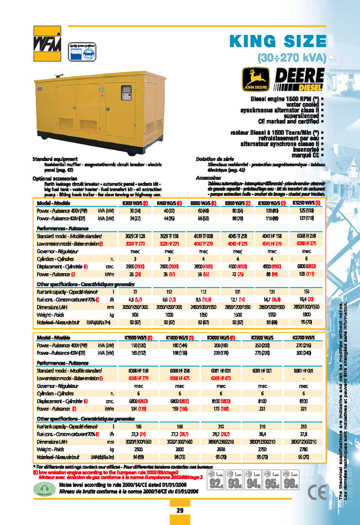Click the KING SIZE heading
(277, 41)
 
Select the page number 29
(180, 511)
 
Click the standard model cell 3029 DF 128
(134, 235)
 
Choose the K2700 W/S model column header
(304, 338)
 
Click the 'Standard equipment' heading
(49, 158)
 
